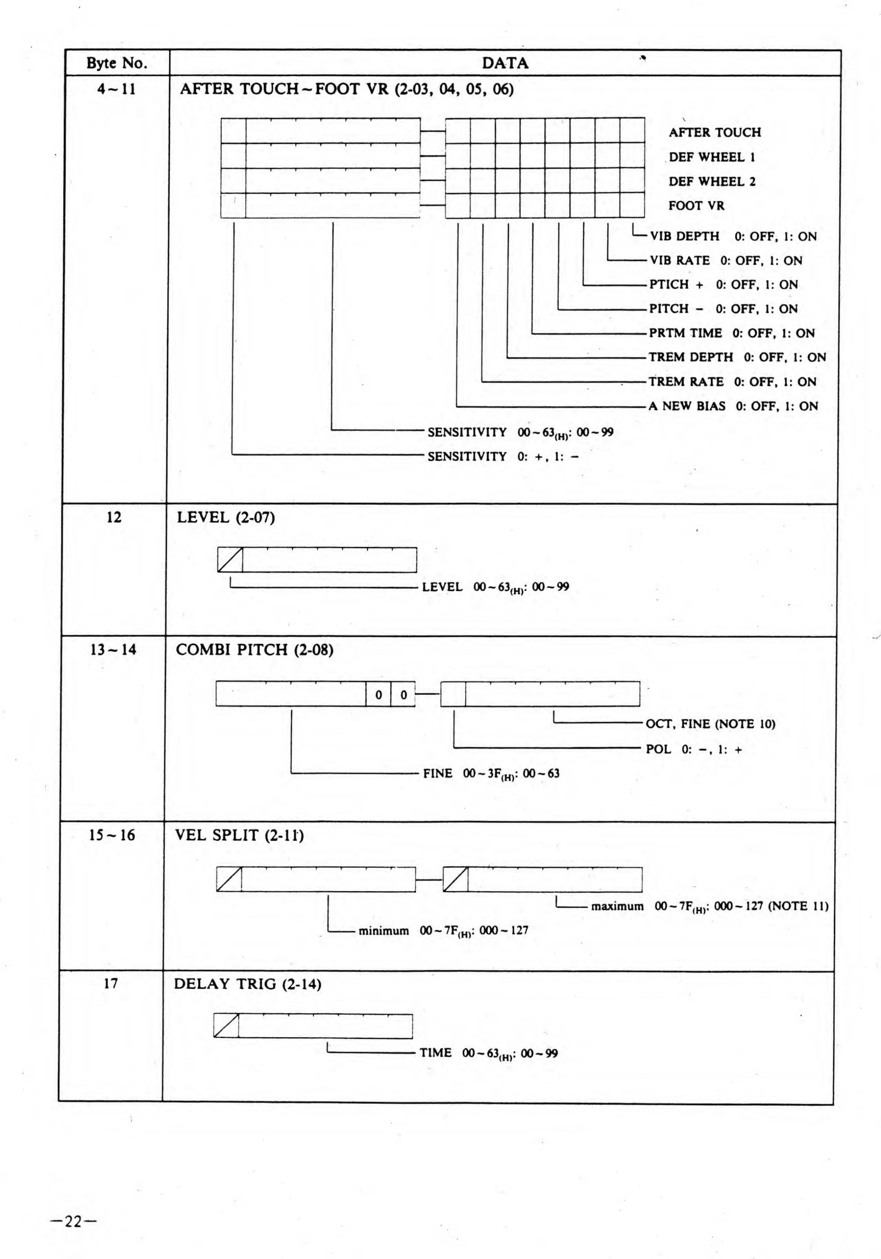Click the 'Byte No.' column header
tap(117, 63)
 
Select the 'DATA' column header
tap(505, 63)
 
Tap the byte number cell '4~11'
tap(116, 89)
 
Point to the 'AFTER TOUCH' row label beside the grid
tap(714, 133)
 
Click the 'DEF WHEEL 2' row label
tap(711, 182)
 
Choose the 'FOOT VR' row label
tap(696, 206)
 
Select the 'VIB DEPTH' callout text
tap(685, 236)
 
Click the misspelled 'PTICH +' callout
tap(676, 284)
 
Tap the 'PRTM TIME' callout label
tap(685, 333)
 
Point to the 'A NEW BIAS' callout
tap(687, 406)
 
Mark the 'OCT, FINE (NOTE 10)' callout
tap(710, 724)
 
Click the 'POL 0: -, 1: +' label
tap(694, 749)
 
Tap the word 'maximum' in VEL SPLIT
tap(617, 906)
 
